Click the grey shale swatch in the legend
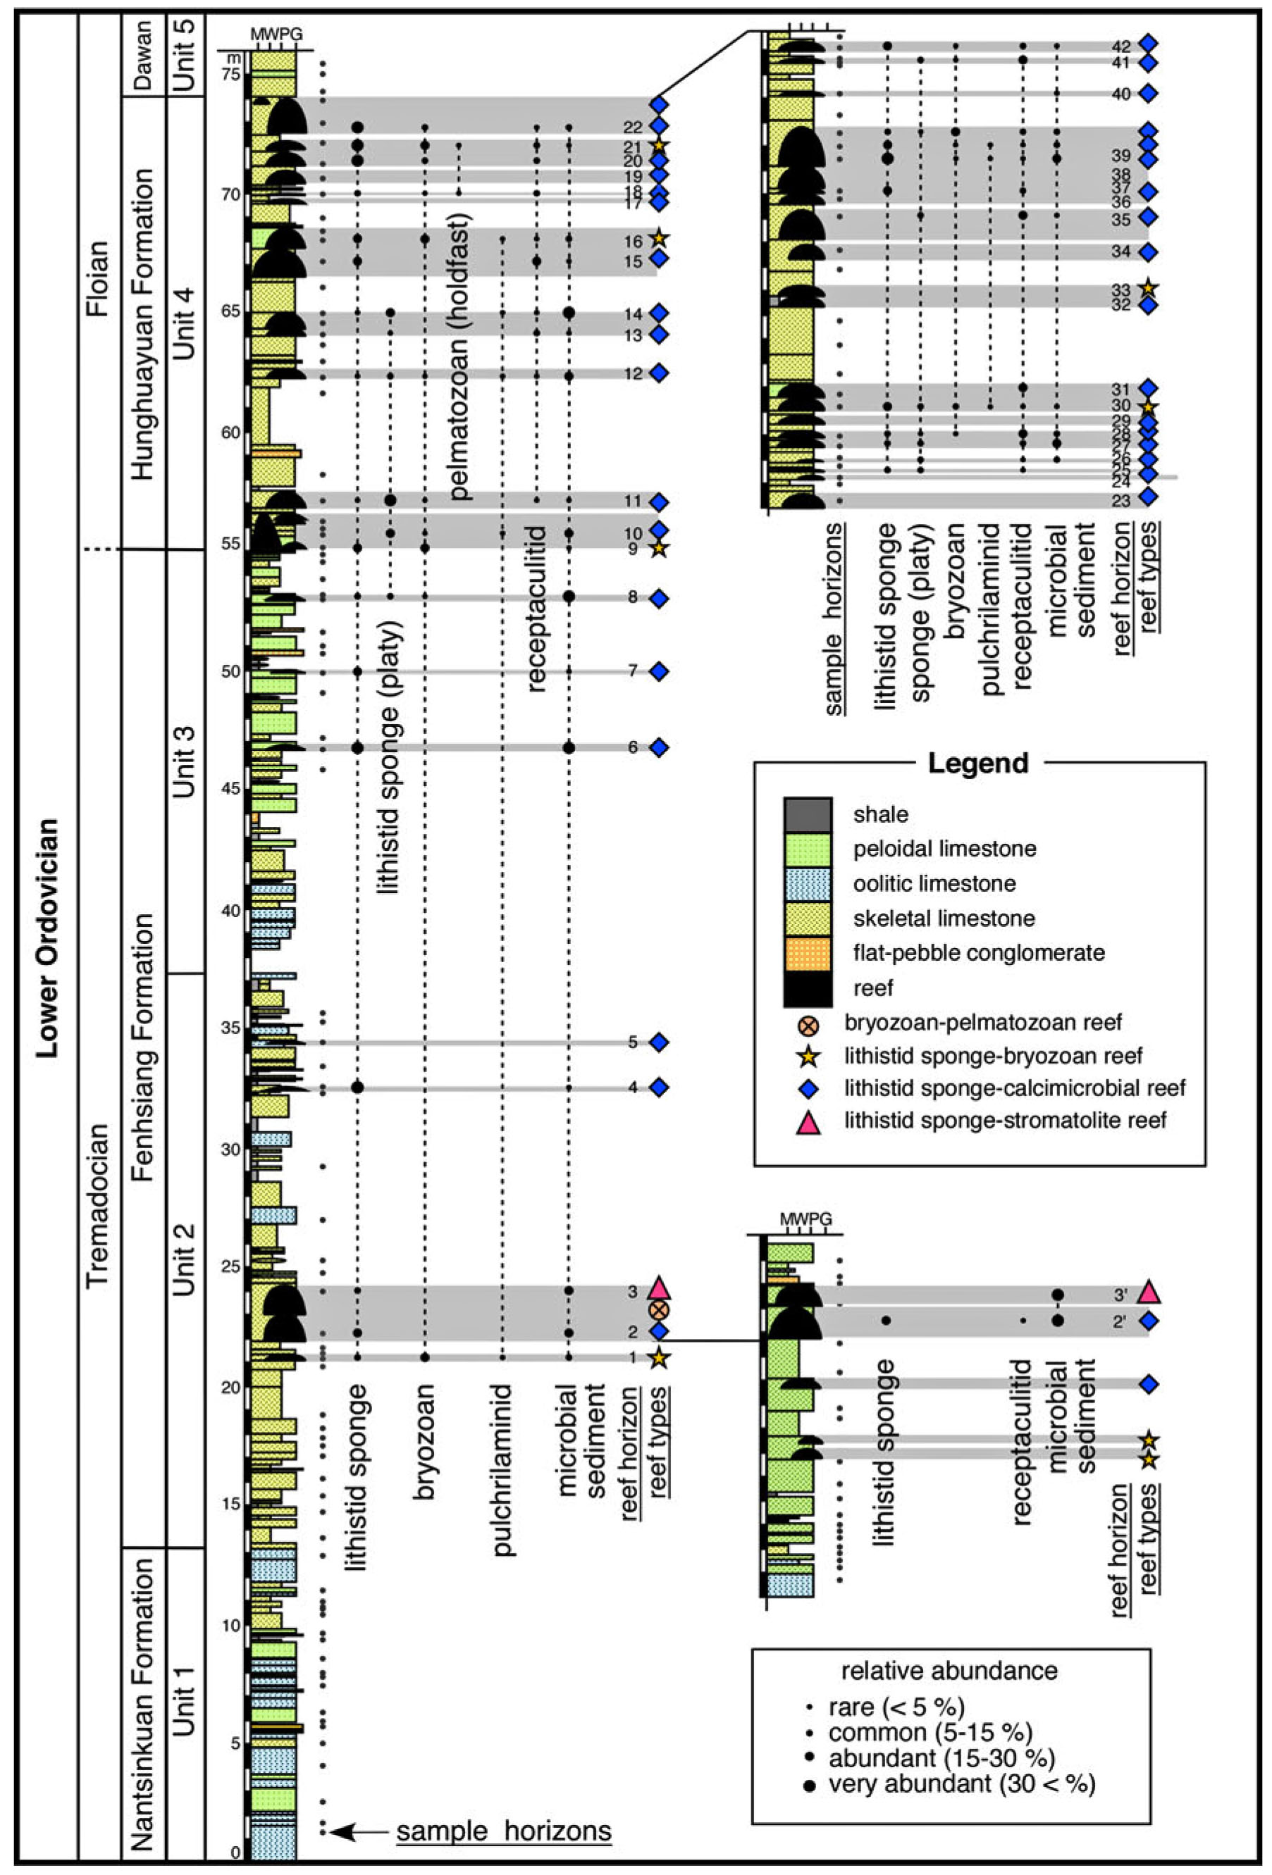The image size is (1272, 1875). coord(807,814)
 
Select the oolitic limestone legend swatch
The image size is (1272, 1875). coord(807,883)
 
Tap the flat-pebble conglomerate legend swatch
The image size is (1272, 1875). coord(807,953)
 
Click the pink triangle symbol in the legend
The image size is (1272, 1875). coord(809,1121)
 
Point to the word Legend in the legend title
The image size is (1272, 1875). coord(978,762)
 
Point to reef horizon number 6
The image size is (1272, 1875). coord(633,747)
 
